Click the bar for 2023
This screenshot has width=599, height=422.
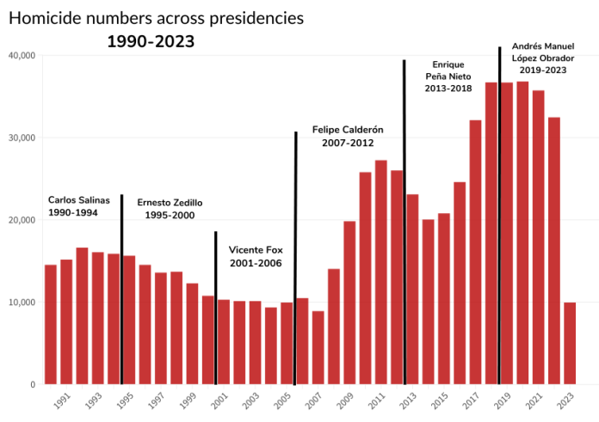coord(570,343)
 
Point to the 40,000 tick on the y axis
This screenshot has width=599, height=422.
coord(21,55)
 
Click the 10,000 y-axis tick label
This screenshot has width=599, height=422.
coord(21,303)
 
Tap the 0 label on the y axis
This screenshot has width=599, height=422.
coord(30,385)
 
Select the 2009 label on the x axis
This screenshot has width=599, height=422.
coord(345,400)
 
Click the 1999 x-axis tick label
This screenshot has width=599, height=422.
coord(188,400)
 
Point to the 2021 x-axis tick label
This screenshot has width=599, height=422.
coord(534,400)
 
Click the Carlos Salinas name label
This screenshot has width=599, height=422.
coord(79,199)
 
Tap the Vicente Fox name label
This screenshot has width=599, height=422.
coord(256,250)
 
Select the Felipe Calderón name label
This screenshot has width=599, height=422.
coord(348,129)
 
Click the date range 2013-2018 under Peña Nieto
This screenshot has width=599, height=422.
coord(448,89)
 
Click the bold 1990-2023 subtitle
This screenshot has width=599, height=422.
coord(151,40)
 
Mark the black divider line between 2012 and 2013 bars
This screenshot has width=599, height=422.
coord(404,215)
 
